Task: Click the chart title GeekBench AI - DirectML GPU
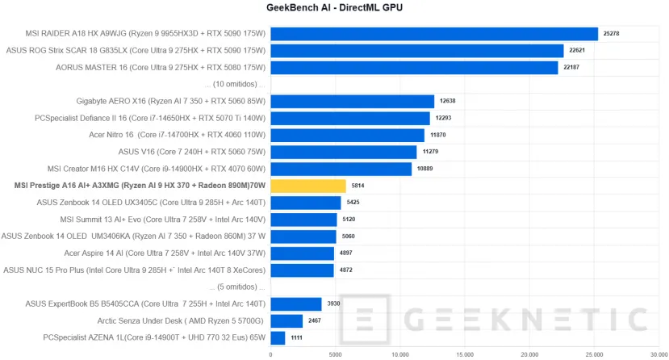(x=334, y=8)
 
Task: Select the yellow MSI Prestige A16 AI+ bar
(x=308, y=186)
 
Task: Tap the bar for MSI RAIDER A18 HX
(x=434, y=34)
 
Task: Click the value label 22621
(x=576, y=51)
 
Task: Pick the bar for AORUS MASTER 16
(x=414, y=68)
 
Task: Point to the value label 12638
(x=448, y=102)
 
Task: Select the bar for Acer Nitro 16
(x=347, y=135)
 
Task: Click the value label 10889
(x=425, y=169)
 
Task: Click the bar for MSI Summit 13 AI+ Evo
(x=303, y=220)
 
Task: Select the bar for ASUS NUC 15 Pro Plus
(x=302, y=270)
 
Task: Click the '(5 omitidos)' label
(x=236, y=287)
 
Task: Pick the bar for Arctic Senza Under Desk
(x=286, y=320)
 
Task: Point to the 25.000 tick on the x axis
(x=594, y=353)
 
